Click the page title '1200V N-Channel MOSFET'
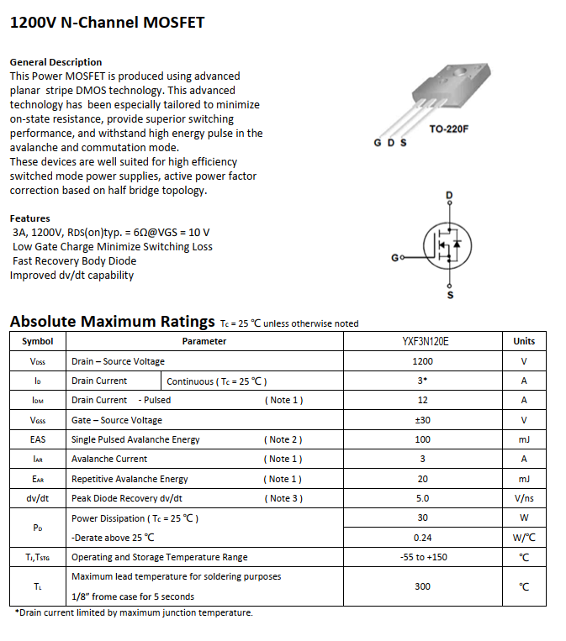click(107, 23)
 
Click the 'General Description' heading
click(56, 62)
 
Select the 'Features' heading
click(30, 218)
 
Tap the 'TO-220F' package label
click(448, 130)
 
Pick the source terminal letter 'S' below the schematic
click(449, 295)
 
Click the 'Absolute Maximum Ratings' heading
click(112, 322)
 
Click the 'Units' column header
click(524, 341)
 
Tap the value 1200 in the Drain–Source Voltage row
click(423, 361)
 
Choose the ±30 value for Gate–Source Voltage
click(423, 420)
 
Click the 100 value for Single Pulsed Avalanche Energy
click(423, 439)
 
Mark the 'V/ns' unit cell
click(524, 498)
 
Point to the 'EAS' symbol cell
click(38, 439)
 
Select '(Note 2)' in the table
click(283, 439)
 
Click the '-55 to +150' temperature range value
click(423, 557)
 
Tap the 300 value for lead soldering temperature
click(423, 586)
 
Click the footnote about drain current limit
click(134, 613)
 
